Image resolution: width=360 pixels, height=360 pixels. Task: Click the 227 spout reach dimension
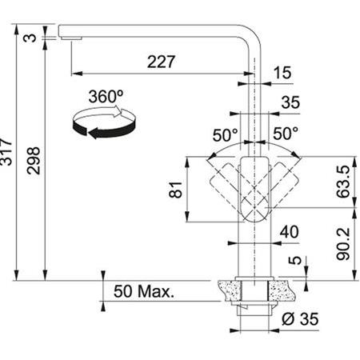(161, 62)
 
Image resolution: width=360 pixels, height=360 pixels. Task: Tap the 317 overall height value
(6, 152)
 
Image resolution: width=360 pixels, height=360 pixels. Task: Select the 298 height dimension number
(34, 161)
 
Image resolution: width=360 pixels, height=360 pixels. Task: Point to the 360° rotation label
(106, 97)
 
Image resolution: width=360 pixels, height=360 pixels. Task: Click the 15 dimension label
(282, 73)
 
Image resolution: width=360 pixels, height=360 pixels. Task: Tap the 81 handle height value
(175, 190)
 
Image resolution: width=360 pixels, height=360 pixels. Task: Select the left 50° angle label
(225, 135)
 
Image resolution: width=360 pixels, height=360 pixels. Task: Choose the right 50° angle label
(286, 134)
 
